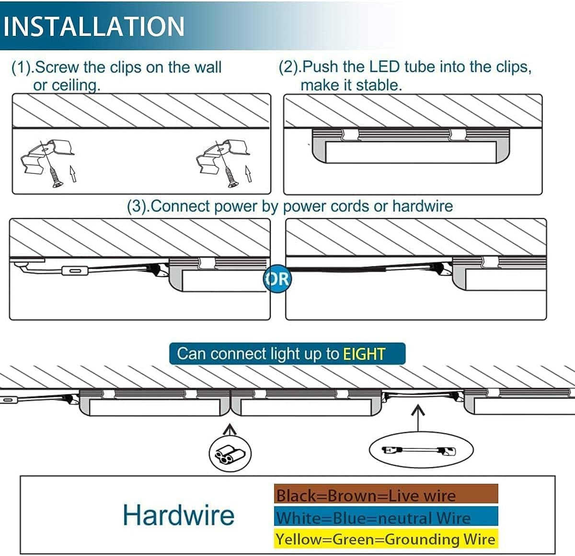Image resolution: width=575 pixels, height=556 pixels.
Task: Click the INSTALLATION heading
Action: pyautogui.click(x=94, y=26)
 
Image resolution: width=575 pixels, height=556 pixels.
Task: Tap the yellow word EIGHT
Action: pyautogui.click(x=364, y=354)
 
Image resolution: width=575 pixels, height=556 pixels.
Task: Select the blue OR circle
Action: pyautogui.click(x=277, y=278)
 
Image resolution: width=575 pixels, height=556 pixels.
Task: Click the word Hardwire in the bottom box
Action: pyautogui.click(x=178, y=515)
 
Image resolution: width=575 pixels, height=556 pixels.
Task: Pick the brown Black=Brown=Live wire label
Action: pyautogui.click(x=386, y=495)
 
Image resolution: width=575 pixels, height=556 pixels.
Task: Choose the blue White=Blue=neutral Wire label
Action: pyautogui.click(x=386, y=517)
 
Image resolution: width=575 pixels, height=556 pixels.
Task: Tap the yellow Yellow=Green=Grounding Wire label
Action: pyautogui.click(x=386, y=539)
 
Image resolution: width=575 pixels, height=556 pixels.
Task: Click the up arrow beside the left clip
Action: pyautogui.click(x=72, y=174)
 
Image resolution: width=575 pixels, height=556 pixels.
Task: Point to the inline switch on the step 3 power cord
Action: pyautogui.click(x=75, y=272)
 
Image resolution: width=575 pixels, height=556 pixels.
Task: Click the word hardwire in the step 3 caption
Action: pyautogui.click(x=422, y=206)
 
